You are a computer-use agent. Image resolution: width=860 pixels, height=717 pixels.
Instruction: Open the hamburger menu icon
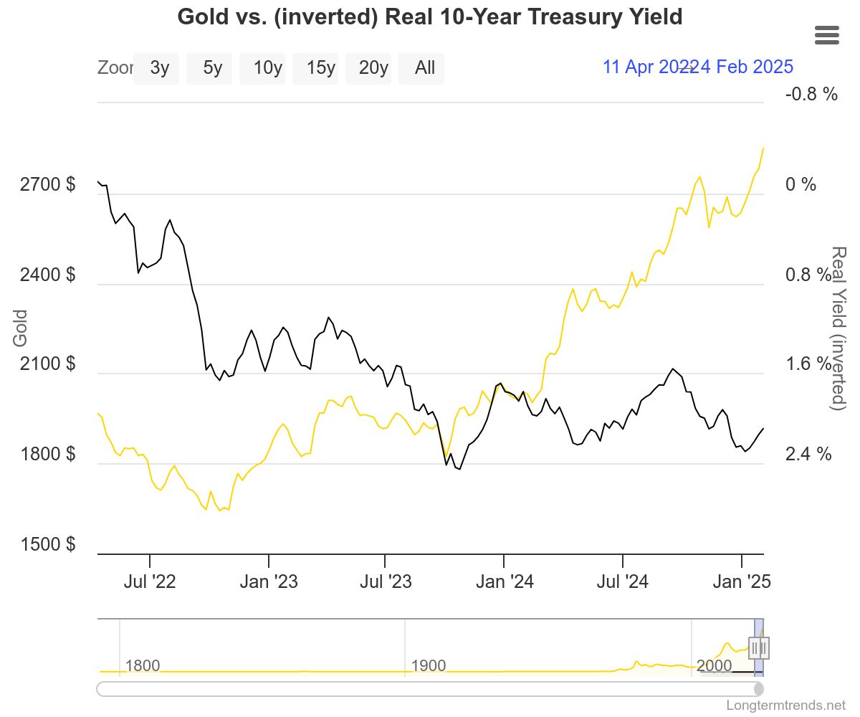(827, 34)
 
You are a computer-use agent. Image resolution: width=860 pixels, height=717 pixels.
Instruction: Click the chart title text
(429, 16)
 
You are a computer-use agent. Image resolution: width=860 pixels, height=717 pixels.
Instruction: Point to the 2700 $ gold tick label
(47, 185)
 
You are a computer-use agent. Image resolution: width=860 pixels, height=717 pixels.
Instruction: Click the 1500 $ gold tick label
(47, 544)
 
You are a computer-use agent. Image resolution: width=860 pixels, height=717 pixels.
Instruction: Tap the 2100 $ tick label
(47, 364)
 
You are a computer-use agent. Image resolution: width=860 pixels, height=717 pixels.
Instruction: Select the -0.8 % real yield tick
(811, 94)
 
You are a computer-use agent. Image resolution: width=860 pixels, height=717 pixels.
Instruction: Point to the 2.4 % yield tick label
(808, 454)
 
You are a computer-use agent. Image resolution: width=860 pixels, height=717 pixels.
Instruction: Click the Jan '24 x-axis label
(505, 581)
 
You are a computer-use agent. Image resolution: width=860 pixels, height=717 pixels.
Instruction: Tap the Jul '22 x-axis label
(150, 581)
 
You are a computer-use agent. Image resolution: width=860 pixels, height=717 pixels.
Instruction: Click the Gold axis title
(20, 328)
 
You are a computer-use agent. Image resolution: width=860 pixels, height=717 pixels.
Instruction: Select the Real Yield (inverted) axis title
(838, 328)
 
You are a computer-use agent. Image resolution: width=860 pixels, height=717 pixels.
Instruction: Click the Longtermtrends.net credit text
(785, 705)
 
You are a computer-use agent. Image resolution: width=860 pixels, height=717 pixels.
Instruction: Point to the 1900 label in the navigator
(429, 666)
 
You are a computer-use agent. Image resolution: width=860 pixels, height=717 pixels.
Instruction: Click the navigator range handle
(758, 648)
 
